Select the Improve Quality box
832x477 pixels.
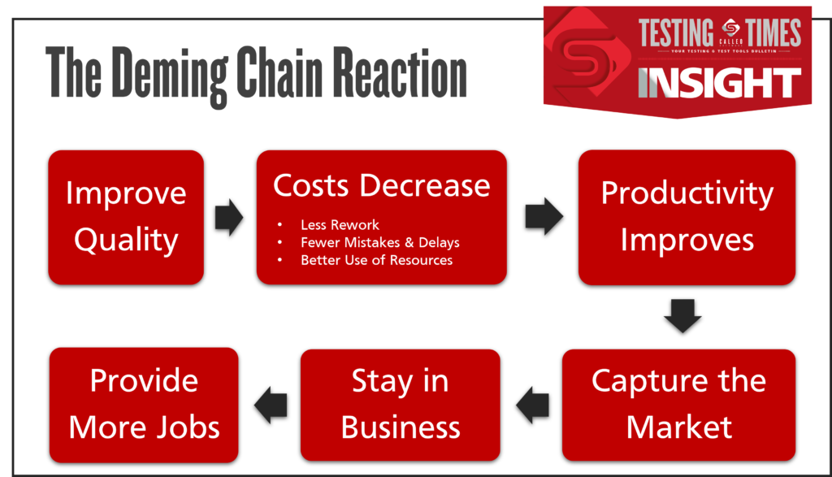(126, 217)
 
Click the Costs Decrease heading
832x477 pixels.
(381, 185)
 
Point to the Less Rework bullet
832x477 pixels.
(340, 224)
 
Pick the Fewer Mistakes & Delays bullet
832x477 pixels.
(379, 242)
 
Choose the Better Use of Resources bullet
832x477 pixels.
(376, 260)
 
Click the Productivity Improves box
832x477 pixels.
(687, 217)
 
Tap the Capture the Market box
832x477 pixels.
(678, 404)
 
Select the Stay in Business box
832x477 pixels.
(401, 404)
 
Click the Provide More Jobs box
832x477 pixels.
(144, 404)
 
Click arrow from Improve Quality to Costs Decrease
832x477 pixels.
(230, 218)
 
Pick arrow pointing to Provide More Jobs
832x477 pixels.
(271, 404)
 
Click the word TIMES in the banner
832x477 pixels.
(769, 33)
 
